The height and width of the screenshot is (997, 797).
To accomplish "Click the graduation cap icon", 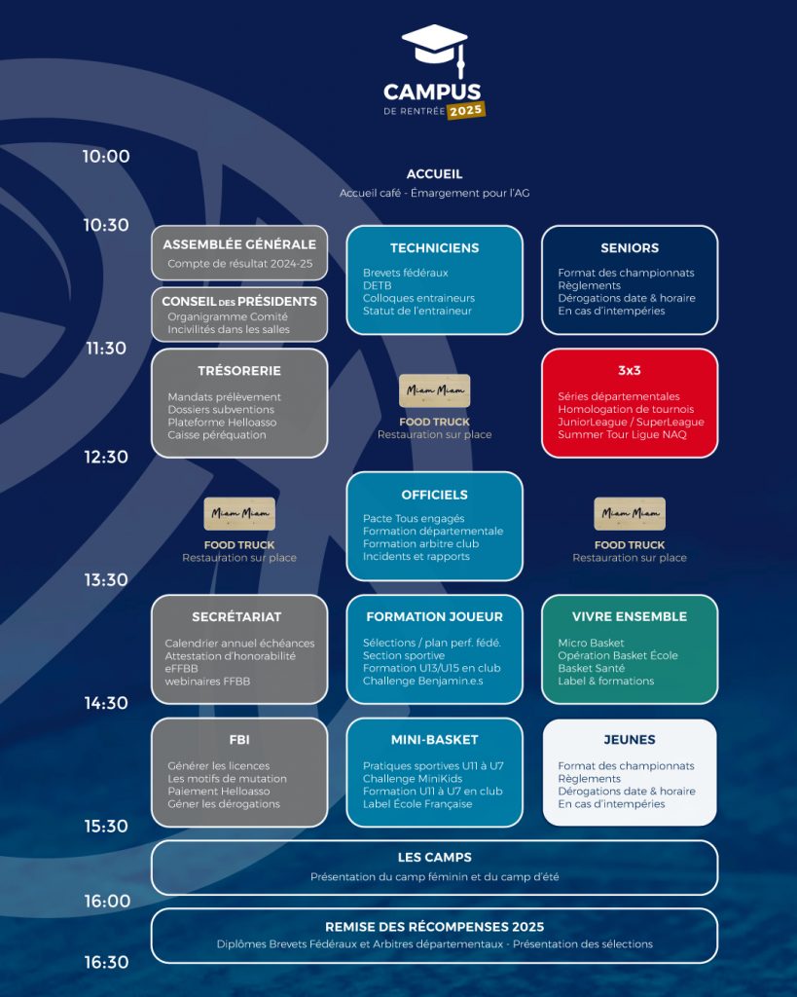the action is tap(435, 50).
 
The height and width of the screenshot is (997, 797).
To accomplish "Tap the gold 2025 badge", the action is tap(466, 111).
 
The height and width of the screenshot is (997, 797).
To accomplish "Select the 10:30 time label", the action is tap(106, 225).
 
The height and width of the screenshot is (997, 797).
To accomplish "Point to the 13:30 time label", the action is tap(106, 580).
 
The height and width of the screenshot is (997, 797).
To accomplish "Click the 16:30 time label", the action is tap(106, 963).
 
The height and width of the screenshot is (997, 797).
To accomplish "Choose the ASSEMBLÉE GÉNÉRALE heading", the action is tap(239, 244).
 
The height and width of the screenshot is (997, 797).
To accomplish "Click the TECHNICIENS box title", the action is tap(435, 248).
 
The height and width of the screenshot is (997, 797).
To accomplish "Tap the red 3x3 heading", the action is tap(630, 371).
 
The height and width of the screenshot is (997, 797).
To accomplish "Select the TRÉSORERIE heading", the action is tap(239, 371).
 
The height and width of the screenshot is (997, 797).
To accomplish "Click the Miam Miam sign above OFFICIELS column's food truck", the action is tap(435, 390).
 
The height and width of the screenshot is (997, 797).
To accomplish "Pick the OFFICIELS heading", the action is tap(435, 495).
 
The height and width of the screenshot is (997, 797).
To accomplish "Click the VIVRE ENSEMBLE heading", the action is tap(630, 616).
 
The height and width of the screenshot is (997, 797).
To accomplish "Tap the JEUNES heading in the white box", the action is tap(630, 740).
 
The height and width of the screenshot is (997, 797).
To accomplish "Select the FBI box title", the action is tap(239, 740).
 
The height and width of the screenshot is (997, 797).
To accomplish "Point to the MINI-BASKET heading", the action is tap(435, 740).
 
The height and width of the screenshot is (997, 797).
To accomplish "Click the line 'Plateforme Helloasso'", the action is tap(222, 423).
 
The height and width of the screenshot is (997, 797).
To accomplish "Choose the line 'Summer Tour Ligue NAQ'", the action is tap(622, 435).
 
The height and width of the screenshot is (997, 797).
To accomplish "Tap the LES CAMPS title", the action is tap(435, 858).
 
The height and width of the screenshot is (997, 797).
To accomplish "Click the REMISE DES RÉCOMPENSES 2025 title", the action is tap(435, 927).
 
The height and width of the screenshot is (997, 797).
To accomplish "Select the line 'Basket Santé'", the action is tap(591, 668).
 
